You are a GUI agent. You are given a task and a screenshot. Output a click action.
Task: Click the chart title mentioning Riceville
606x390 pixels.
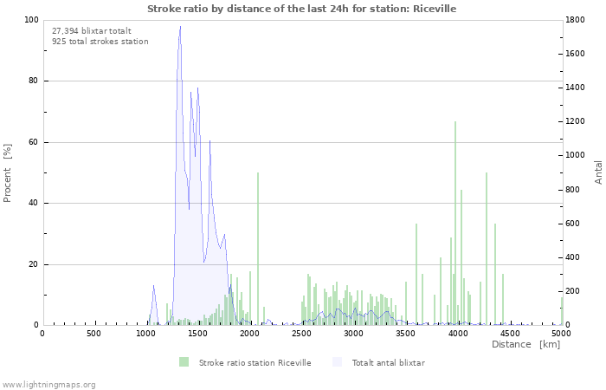pos(301,9)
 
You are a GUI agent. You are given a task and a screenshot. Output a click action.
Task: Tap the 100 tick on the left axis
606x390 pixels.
pos(33,20)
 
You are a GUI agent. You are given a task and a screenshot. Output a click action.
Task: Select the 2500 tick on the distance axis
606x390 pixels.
pos(301,333)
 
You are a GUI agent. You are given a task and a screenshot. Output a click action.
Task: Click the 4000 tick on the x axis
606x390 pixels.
pos(457,333)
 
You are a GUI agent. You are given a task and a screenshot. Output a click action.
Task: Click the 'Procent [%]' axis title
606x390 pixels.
pos(8,172)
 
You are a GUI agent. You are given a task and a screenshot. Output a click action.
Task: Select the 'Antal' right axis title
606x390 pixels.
pos(598,172)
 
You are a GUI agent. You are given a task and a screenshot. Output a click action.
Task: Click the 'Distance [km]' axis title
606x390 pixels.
pos(525,344)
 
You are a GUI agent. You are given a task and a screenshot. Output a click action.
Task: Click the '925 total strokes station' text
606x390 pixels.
pos(100,41)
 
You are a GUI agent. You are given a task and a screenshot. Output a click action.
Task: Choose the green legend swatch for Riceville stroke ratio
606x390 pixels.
pos(184,362)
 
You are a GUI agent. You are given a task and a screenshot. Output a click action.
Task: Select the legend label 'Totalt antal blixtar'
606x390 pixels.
pos(388,362)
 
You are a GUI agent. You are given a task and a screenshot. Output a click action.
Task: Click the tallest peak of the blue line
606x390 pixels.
pos(180,27)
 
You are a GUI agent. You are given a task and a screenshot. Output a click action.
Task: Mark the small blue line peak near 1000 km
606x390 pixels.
pos(153,287)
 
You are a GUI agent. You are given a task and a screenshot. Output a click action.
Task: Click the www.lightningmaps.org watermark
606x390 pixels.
pos(48,384)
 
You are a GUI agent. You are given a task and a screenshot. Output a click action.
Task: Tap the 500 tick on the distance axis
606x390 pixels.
pos(93,333)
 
